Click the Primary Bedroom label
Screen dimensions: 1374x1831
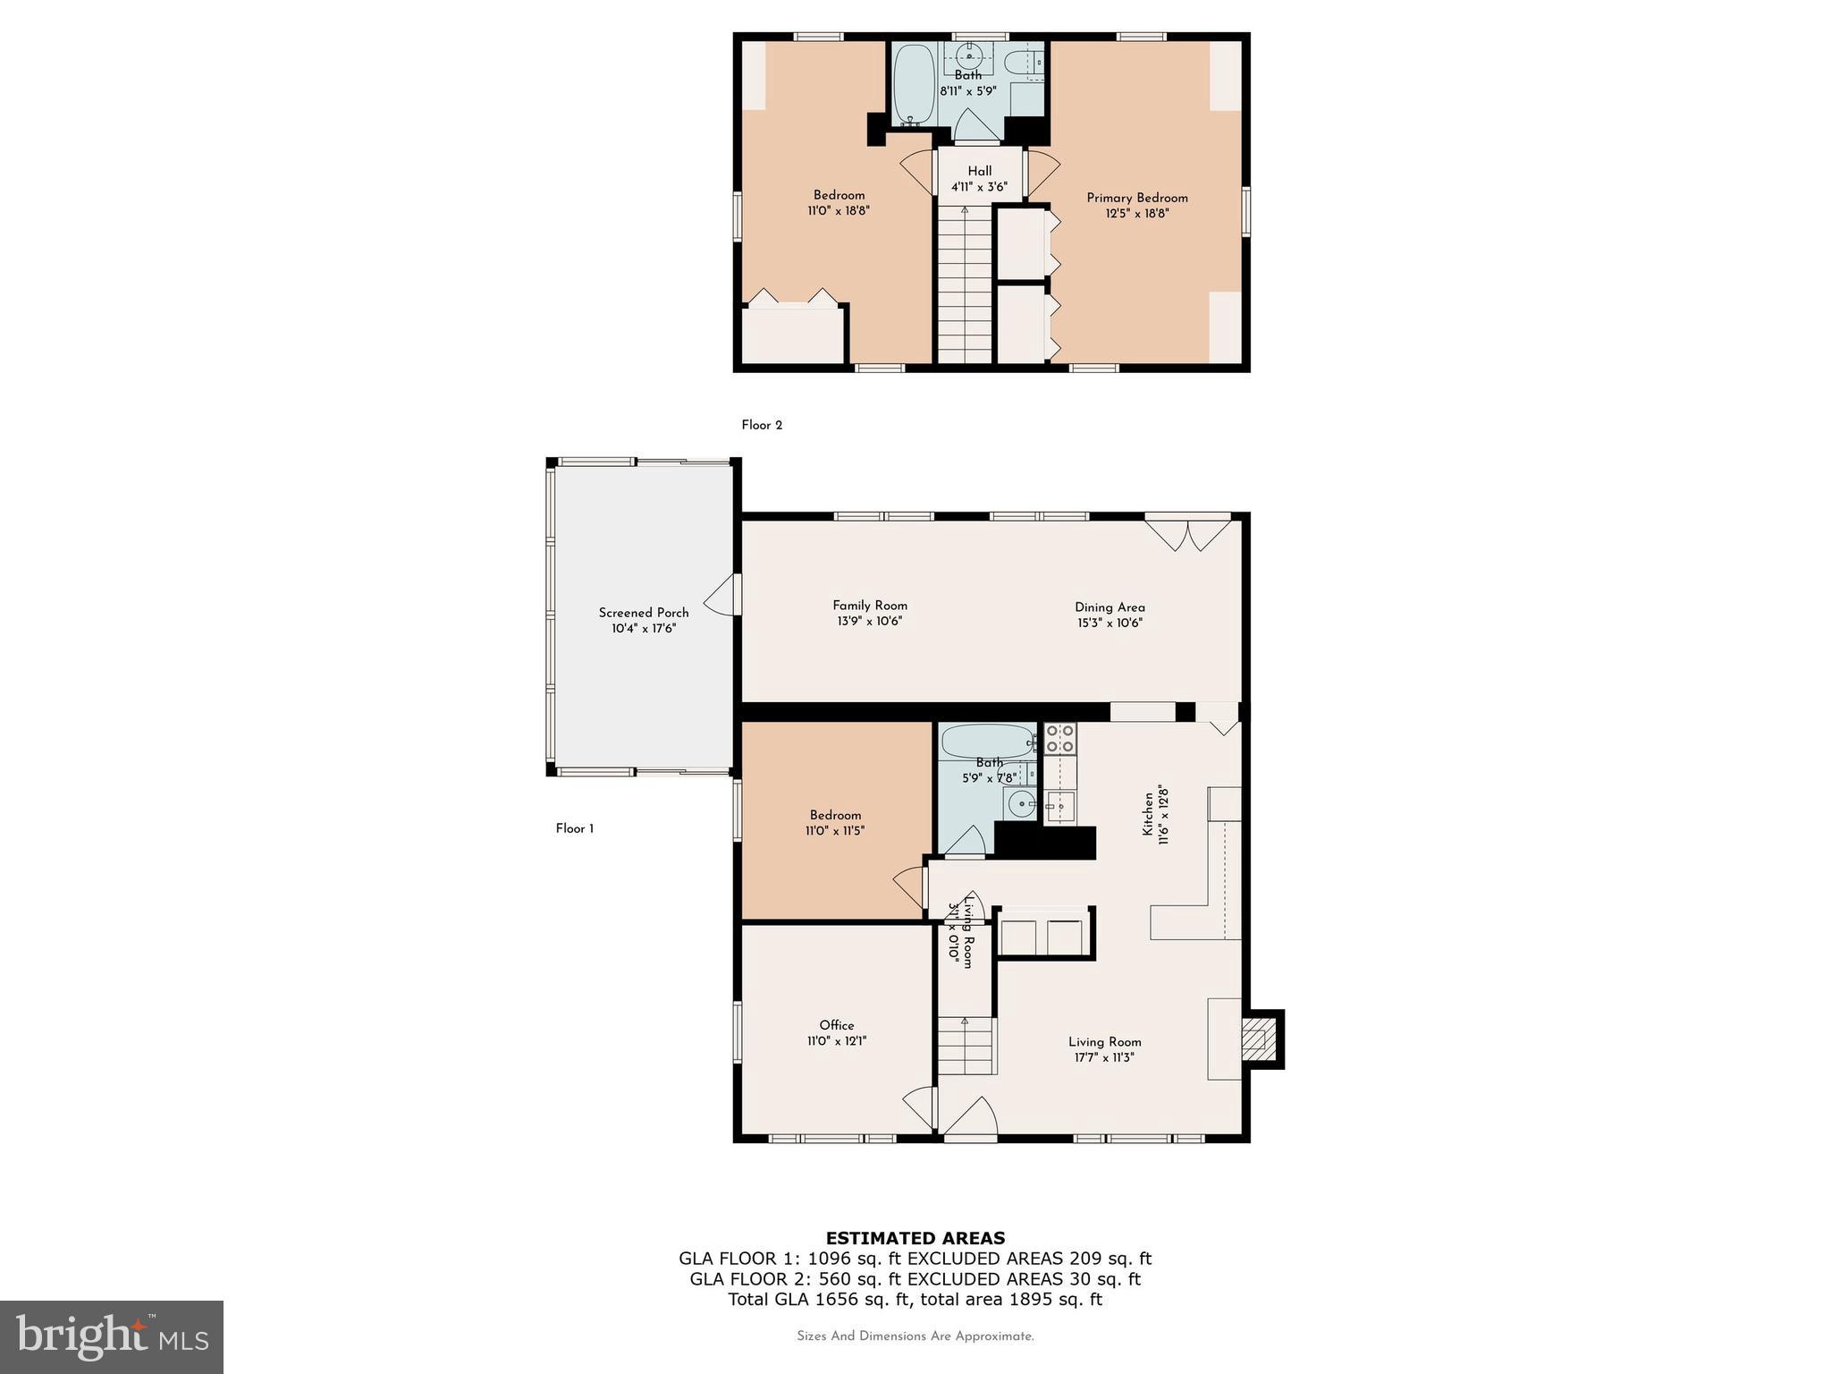[1136, 198]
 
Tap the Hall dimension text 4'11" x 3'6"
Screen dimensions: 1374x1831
[979, 187]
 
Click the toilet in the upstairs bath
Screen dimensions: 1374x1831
[1020, 64]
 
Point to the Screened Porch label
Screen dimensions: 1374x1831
[644, 613]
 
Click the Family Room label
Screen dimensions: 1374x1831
[870, 606]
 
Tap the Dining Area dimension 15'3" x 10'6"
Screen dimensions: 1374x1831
[1110, 623]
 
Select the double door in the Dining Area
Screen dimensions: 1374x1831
[1188, 535]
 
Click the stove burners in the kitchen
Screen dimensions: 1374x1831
[1060, 738]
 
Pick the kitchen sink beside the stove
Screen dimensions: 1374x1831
[1061, 807]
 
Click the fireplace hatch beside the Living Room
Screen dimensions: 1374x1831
[1258, 1039]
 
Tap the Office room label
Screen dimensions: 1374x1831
[837, 1025]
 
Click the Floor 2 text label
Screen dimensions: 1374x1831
[762, 425]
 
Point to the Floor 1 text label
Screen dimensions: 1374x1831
[575, 828]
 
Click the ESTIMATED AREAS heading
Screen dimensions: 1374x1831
[915, 1238]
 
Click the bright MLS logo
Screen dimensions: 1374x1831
[112, 1336]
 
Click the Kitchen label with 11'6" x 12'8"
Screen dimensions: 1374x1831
[1155, 815]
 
